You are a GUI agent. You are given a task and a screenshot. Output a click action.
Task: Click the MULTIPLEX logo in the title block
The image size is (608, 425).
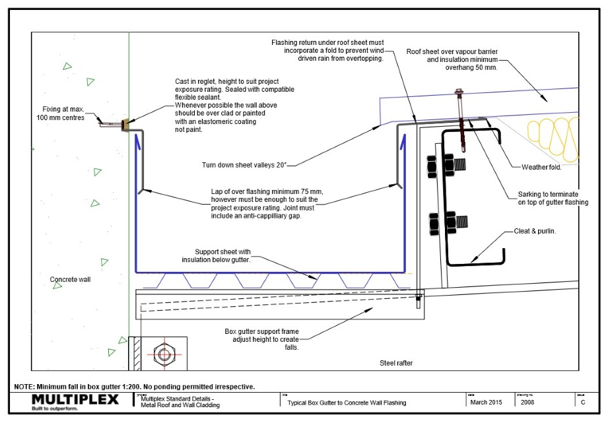(75, 400)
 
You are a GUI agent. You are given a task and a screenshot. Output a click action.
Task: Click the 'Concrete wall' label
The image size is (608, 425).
(69, 279)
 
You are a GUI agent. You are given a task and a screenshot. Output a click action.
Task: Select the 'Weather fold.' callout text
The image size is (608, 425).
(541, 167)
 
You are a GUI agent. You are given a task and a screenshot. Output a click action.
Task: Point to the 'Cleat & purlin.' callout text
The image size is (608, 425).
(535, 232)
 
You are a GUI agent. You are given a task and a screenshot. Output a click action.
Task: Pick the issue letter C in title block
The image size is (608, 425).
(582, 403)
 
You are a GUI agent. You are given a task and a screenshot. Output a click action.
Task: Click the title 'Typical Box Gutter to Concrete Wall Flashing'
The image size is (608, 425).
(347, 403)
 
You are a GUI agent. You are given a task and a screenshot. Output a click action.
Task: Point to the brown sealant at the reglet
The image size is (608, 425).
(125, 125)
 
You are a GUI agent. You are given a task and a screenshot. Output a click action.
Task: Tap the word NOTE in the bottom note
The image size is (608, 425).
(25, 387)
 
